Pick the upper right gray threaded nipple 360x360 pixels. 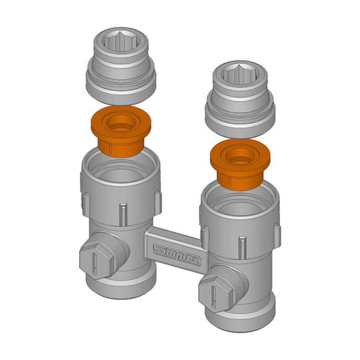click(240, 100)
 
